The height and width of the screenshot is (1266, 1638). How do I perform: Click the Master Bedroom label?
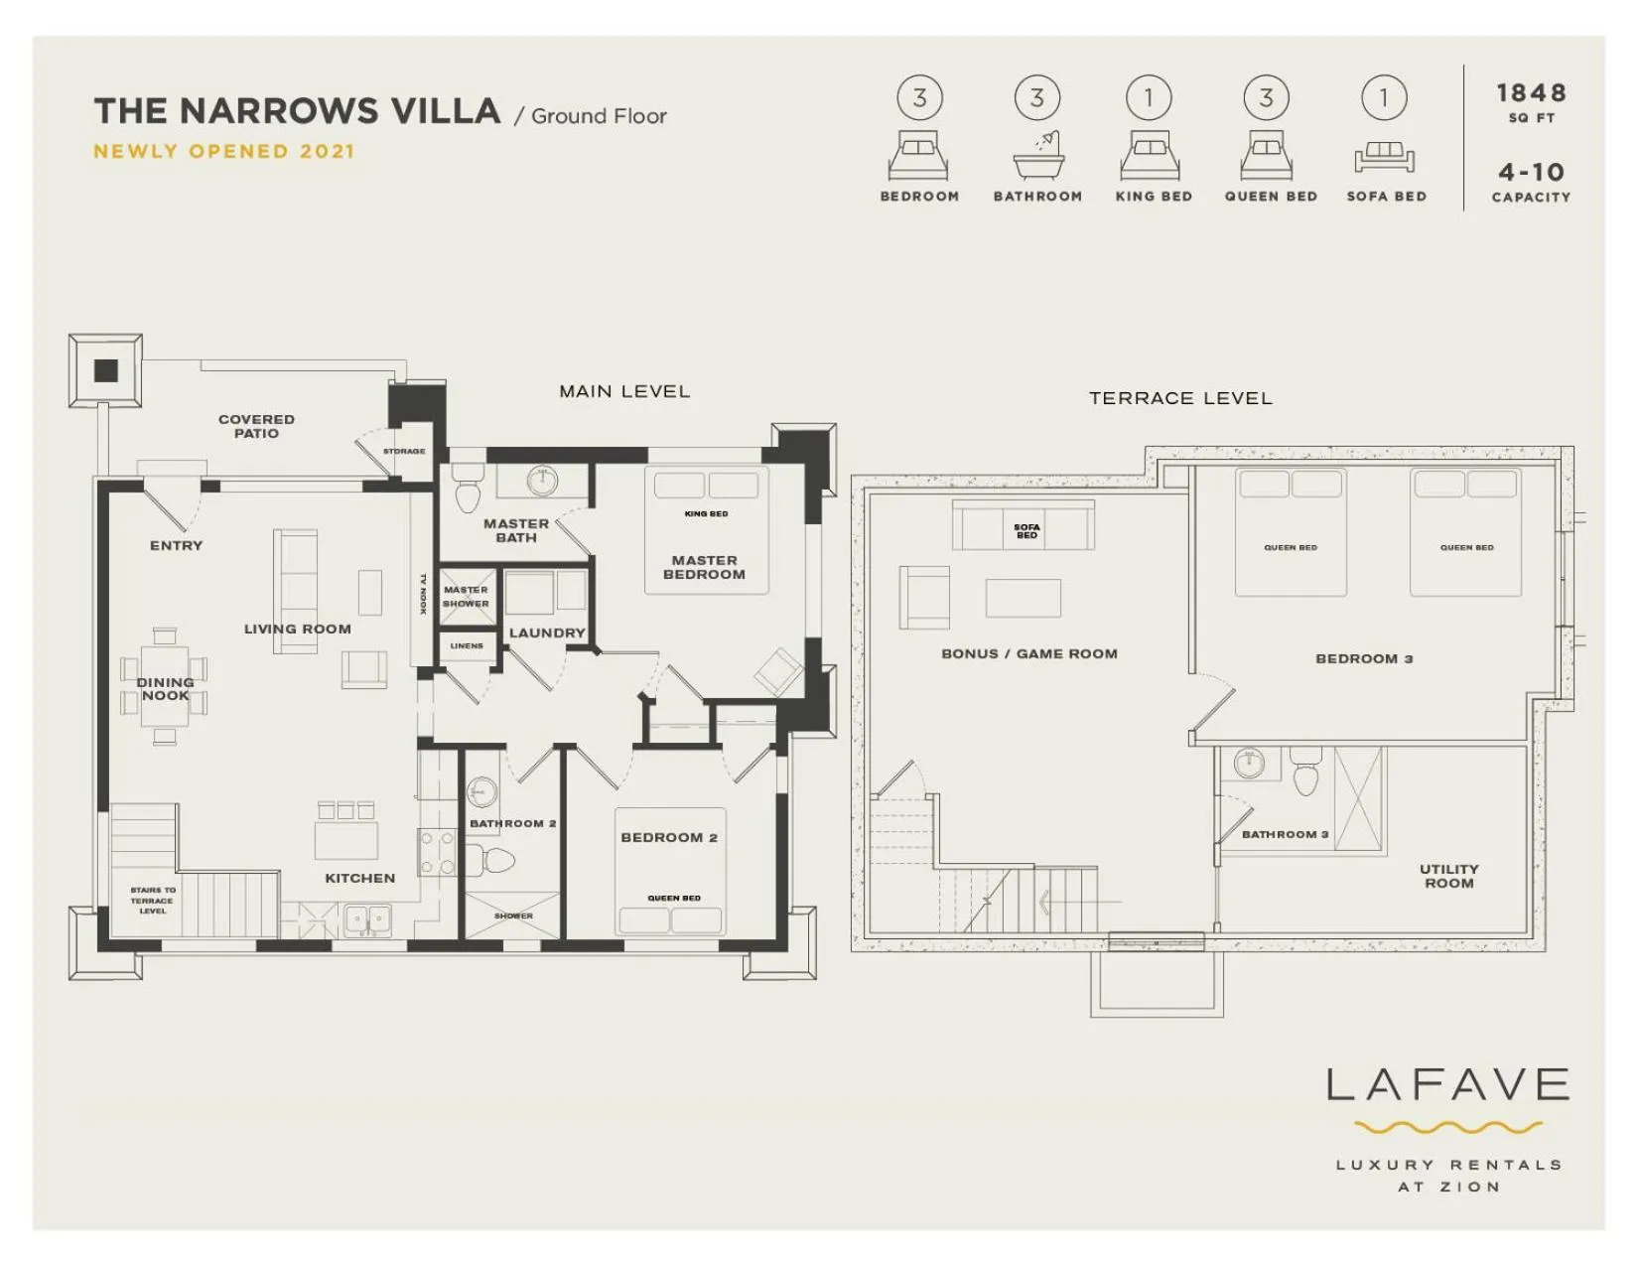pos(704,567)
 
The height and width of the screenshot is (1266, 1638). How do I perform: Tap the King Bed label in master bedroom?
pos(706,513)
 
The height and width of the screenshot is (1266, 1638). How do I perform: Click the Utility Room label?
pos(1448,876)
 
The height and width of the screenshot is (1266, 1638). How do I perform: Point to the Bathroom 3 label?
pos(1285,834)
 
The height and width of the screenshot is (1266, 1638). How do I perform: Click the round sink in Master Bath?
pos(542,481)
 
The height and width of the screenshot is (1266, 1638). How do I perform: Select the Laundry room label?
pos(547,633)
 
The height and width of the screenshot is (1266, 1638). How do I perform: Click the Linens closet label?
pos(467,645)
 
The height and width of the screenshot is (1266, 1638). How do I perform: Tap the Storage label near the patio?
pos(404,451)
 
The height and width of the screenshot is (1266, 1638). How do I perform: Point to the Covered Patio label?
pos(256,426)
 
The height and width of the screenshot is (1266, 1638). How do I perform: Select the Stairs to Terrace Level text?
pos(153,901)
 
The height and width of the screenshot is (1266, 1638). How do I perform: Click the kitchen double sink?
pos(367,920)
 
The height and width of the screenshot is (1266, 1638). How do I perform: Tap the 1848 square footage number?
pos(1531,93)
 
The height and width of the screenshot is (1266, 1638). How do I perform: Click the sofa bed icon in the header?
pos(1384,158)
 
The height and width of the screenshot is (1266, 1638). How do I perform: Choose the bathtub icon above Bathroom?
pos(1038,155)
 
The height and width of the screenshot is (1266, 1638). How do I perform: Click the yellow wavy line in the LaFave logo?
pos(1447,1128)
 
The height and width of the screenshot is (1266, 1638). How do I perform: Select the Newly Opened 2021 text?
pos(223,152)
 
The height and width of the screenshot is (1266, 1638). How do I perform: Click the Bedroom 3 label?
pos(1363,658)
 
